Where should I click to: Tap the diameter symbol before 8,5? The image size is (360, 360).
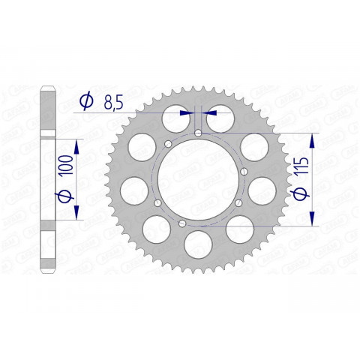pos(85,101)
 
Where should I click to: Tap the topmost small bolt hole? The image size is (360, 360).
pos(197,133)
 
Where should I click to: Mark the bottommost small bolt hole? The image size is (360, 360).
pos(181,223)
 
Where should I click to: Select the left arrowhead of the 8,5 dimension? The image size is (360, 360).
pos(187,112)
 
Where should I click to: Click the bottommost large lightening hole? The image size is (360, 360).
pos(198,243)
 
